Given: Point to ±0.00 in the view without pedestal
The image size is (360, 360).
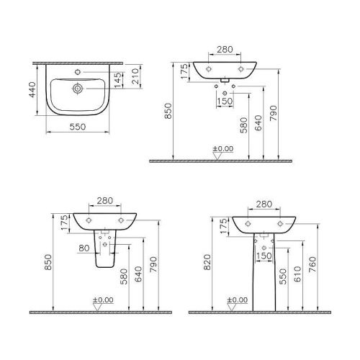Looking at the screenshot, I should coord(223,148).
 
